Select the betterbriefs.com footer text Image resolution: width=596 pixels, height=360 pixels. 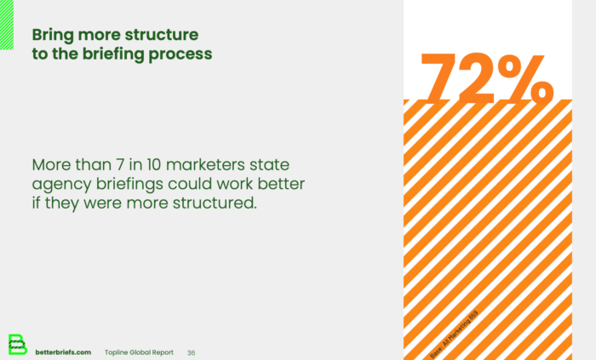(x=63, y=352)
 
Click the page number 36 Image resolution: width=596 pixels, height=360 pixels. (x=191, y=352)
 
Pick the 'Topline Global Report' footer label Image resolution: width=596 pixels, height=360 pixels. (x=139, y=352)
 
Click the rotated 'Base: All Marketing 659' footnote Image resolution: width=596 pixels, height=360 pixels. (x=455, y=333)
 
